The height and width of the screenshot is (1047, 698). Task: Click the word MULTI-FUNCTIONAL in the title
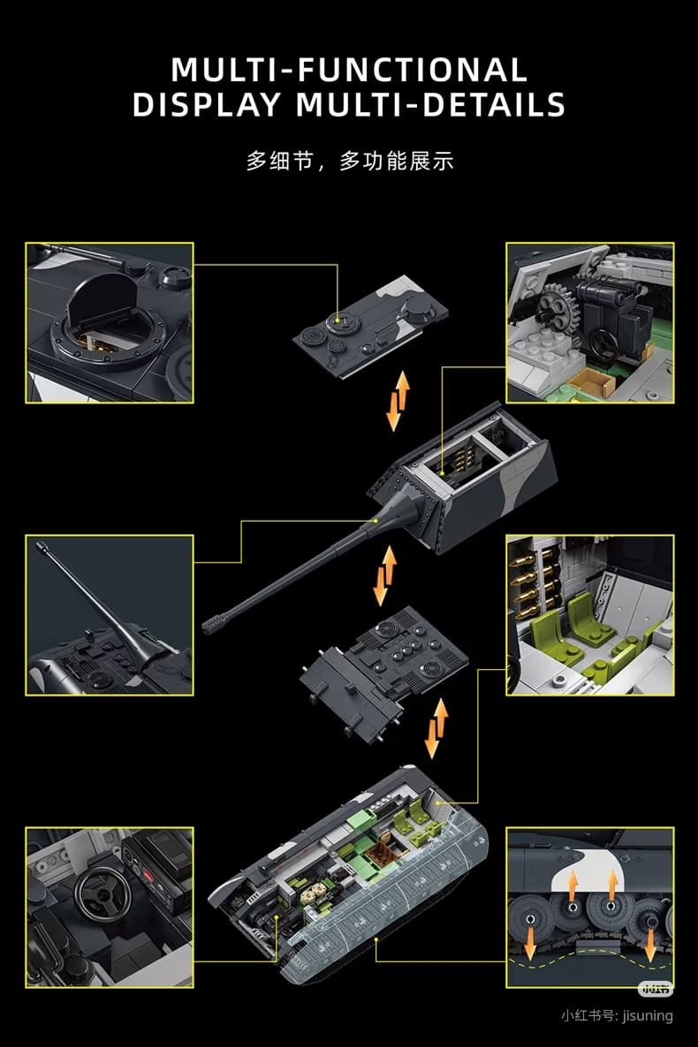click(349, 70)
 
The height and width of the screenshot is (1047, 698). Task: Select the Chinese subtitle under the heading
click(350, 161)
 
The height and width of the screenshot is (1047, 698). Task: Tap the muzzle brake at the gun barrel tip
click(213, 623)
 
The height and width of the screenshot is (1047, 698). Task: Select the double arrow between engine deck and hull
click(436, 727)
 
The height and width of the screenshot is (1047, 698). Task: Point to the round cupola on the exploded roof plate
click(342, 322)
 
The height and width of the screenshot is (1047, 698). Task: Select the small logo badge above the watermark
click(656, 988)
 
